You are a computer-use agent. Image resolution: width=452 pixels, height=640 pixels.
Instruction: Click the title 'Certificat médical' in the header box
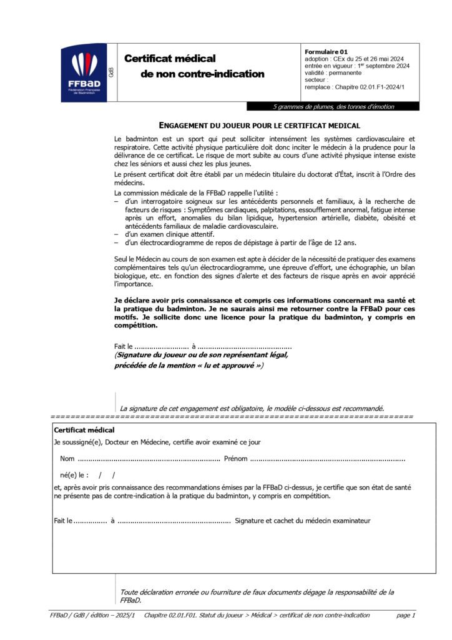pos(170,58)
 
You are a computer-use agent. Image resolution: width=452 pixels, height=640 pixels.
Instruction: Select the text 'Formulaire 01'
pos(327,52)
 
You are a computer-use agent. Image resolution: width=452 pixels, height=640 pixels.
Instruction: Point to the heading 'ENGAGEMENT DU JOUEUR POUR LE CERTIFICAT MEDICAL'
pos(264,125)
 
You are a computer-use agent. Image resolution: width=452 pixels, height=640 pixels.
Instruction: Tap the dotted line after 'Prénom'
pos(327,459)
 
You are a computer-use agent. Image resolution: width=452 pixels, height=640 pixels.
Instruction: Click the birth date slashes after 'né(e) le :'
pos(107,475)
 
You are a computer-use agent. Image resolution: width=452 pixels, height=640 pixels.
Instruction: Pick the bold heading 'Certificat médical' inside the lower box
pos(84,430)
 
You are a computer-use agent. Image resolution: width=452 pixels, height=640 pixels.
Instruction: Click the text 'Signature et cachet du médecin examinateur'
pos(302,520)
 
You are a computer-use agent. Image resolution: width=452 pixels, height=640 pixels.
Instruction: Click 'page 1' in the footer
pos(405,615)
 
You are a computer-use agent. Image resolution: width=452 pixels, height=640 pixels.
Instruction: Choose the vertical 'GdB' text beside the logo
pos(111,72)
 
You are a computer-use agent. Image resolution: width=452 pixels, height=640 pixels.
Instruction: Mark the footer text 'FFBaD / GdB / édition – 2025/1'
pos(94,615)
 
